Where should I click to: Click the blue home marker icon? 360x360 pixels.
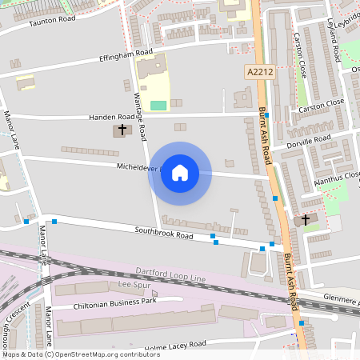click(x=180, y=173)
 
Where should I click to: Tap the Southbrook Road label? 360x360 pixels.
click(x=163, y=235)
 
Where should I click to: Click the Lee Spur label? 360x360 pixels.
click(x=134, y=284)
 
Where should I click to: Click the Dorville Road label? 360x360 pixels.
click(x=310, y=139)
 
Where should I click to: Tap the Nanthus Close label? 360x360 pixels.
click(x=337, y=176)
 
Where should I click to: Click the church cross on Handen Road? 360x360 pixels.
click(x=122, y=129)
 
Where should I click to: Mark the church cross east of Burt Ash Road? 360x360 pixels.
click(x=306, y=218)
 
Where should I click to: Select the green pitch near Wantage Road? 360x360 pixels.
click(x=158, y=105)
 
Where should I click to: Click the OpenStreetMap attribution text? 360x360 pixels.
click(x=70, y=354)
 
